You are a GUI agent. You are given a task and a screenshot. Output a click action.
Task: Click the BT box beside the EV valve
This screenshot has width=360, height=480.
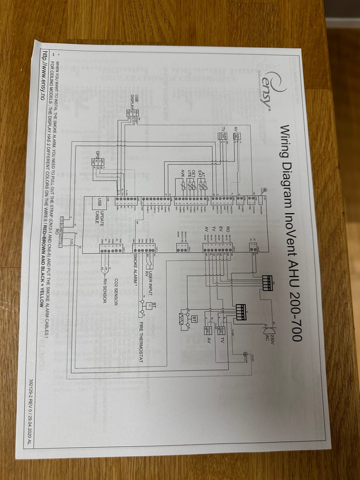click(x=194, y=319)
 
